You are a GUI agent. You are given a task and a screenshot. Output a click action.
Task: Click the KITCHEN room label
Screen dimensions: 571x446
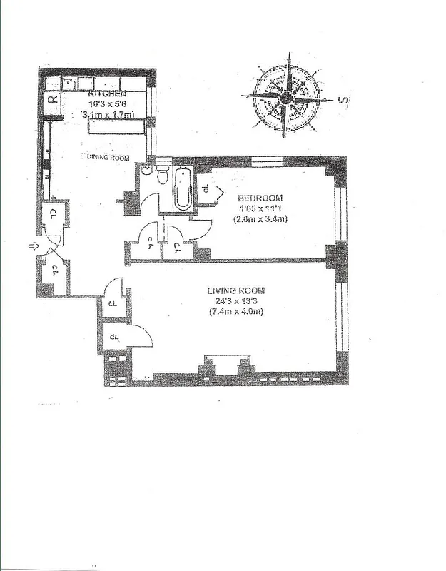click(108, 94)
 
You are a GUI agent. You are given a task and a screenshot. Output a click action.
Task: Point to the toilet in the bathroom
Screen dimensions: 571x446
click(163, 175)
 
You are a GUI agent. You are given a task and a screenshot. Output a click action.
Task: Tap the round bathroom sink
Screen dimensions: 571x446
click(146, 171)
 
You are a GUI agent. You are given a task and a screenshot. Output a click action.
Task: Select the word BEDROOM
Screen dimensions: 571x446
click(260, 198)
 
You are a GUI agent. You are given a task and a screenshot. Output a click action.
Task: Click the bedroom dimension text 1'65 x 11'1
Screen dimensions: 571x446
click(260, 209)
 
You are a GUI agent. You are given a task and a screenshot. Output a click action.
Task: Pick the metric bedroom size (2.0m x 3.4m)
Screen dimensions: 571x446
click(260, 221)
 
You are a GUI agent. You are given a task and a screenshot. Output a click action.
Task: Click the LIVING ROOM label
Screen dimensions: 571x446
click(236, 290)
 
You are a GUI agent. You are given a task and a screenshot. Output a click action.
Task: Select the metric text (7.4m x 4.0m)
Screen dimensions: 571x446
click(236, 313)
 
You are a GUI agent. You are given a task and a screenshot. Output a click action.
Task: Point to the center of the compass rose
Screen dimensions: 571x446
click(286, 97)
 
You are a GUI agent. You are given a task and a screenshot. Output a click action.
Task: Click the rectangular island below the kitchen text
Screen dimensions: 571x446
click(114, 126)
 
